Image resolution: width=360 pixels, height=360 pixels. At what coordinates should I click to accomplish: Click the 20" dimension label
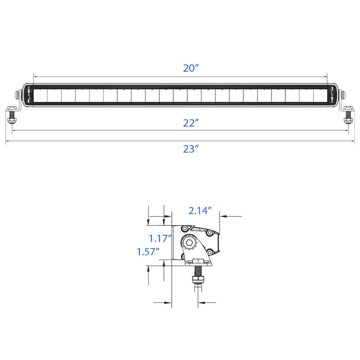click(191, 68)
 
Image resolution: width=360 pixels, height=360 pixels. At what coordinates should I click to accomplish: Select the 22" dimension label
click(191, 123)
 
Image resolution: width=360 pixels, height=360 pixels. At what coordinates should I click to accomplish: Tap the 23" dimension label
click(191, 149)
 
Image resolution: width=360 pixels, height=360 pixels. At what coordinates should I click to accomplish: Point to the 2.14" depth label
click(200, 211)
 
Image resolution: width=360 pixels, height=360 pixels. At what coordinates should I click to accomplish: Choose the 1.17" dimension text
click(160, 239)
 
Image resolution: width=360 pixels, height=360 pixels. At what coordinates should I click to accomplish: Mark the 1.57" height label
click(148, 252)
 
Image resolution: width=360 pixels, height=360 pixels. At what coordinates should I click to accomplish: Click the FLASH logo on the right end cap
click(332, 95)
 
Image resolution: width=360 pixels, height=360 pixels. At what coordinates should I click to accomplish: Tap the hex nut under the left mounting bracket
click(11, 120)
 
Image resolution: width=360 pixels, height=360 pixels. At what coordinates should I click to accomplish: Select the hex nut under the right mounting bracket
click(348, 120)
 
